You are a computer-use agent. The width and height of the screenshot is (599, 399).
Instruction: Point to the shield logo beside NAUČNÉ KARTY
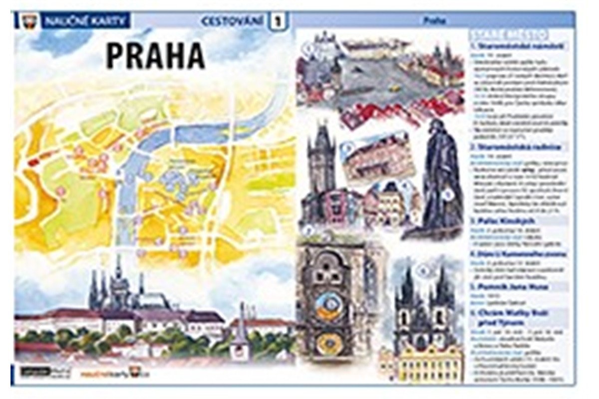28,21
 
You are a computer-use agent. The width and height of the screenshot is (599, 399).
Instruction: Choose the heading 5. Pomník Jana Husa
509,287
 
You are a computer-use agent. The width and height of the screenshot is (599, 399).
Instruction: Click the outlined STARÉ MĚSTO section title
509,34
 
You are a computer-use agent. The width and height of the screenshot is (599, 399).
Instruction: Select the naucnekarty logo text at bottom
107,372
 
